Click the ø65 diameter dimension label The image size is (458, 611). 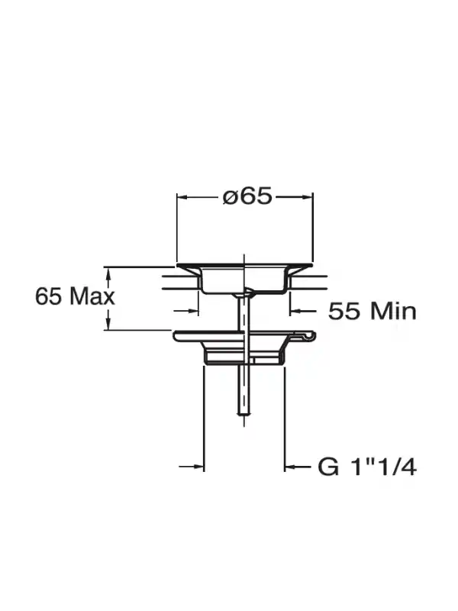click(x=247, y=196)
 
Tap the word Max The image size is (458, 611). click(x=92, y=296)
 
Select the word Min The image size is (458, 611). click(x=393, y=312)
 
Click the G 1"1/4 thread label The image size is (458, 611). click(x=367, y=467)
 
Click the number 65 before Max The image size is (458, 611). click(x=48, y=296)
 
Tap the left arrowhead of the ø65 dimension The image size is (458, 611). click(x=183, y=198)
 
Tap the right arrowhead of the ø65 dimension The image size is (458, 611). click(x=308, y=198)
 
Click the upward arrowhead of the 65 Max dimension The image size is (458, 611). click(x=109, y=273)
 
